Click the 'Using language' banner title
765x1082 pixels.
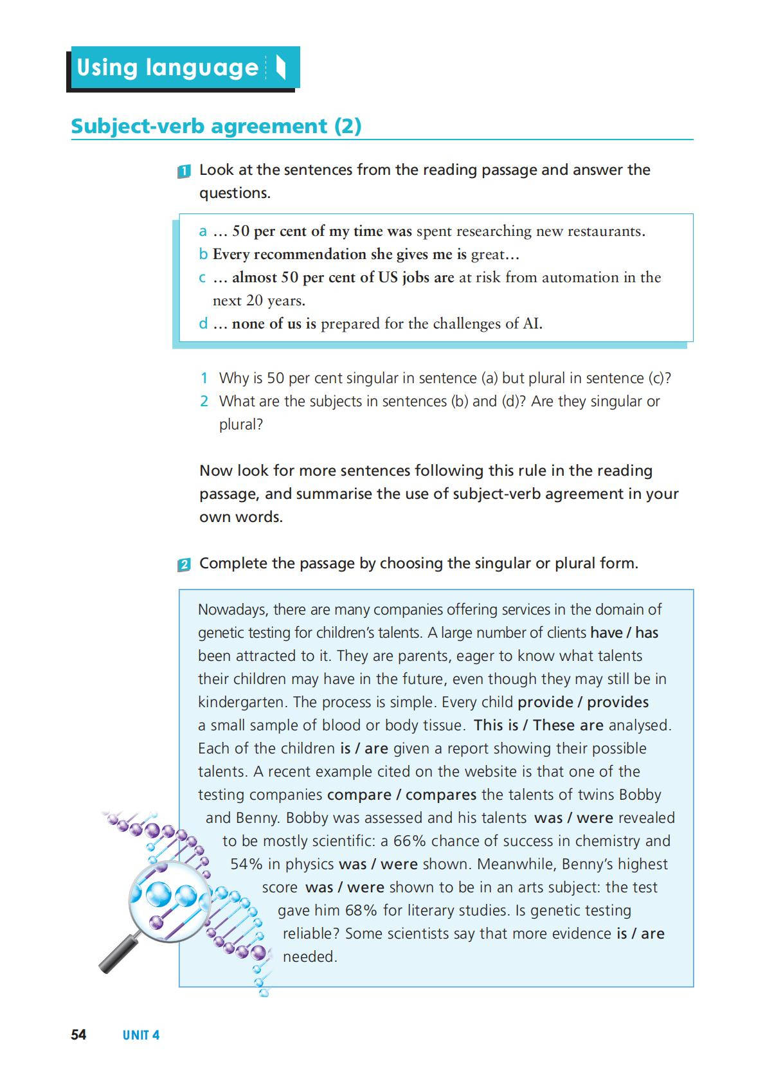click(167, 68)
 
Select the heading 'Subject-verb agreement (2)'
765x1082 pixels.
click(216, 126)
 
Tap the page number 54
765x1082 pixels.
click(78, 1034)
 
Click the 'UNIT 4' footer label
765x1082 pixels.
click(141, 1035)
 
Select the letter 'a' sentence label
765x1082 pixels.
click(203, 231)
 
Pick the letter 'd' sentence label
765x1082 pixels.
click(203, 323)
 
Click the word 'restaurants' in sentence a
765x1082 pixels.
click(606, 231)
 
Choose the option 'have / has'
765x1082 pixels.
click(624, 633)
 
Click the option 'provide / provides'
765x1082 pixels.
click(583, 702)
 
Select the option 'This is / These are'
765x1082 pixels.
click(538, 725)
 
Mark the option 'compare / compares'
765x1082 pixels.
click(402, 795)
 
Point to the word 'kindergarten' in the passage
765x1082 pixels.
click(243, 702)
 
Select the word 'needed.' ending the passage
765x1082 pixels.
click(310, 957)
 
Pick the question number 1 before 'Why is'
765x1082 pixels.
click(204, 378)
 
